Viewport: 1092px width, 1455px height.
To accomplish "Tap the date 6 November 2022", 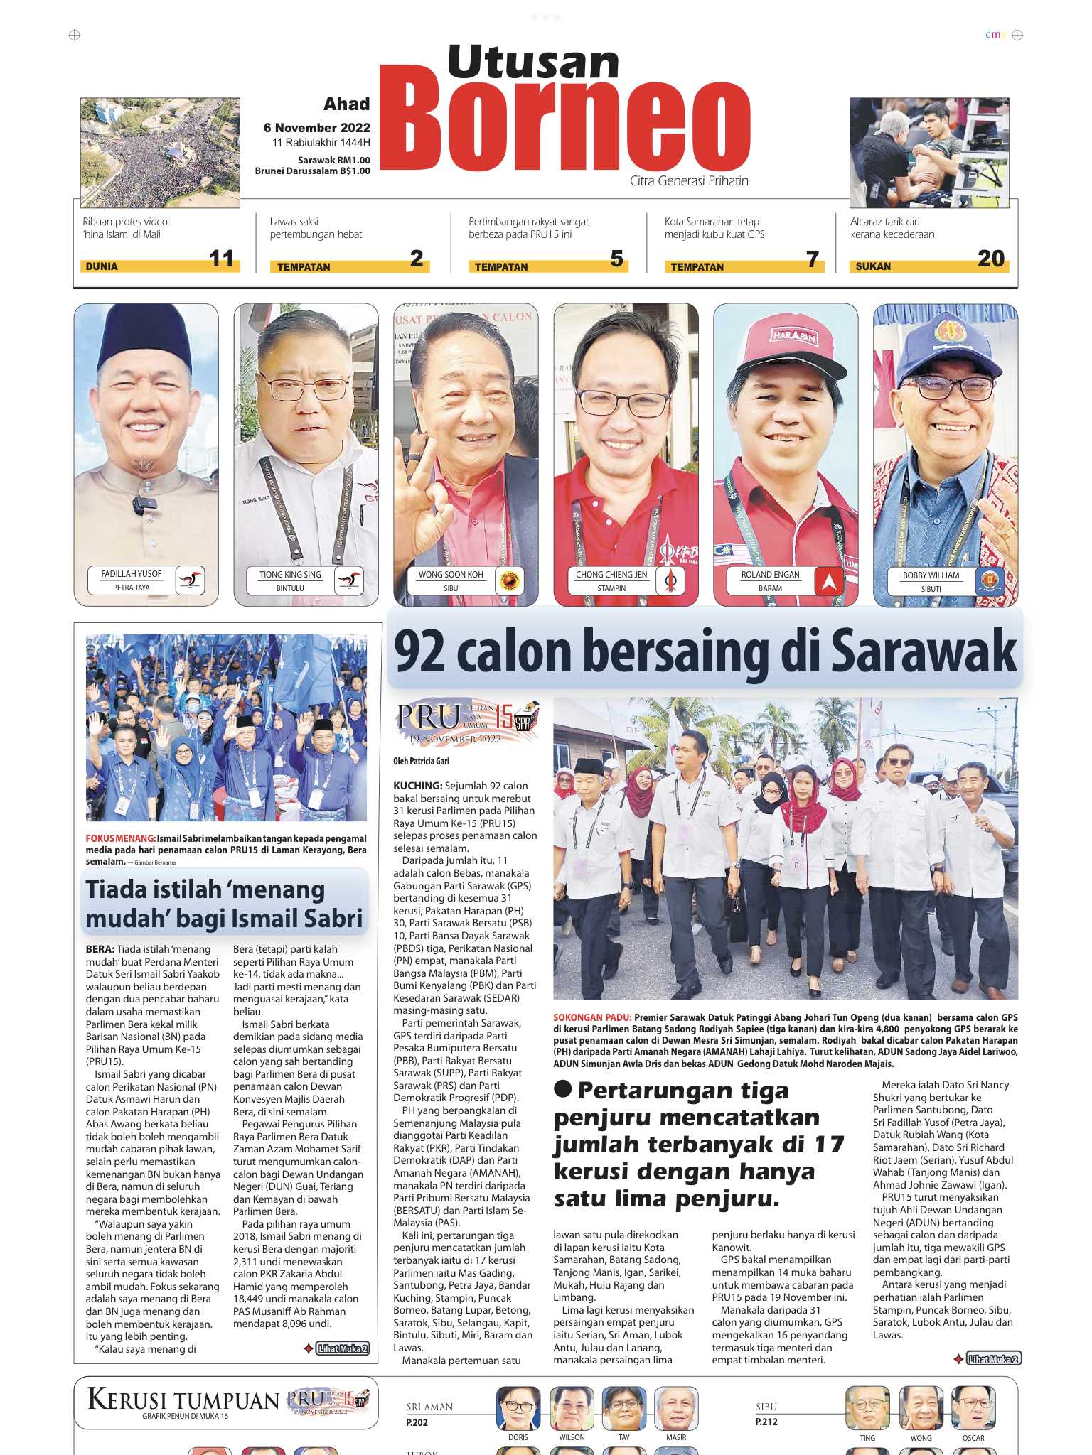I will click(317, 128).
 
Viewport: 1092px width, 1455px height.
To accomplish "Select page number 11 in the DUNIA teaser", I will click(221, 259).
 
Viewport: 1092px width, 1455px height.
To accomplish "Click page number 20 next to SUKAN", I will click(990, 259).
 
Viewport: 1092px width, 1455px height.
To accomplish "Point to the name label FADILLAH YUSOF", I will click(132, 573).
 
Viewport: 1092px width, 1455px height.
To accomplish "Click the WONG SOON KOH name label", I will click(451, 574).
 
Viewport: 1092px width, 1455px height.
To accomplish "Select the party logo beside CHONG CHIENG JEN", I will click(669, 580).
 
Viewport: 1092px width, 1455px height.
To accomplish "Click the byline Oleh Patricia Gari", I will click(421, 761).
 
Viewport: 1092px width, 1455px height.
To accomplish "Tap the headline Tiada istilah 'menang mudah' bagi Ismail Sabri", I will click(224, 904).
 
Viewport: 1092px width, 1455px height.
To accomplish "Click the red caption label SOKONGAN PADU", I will click(591, 1017).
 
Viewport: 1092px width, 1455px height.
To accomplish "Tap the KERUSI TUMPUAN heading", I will click(183, 1400).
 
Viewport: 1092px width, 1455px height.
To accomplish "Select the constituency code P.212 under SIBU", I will click(766, 1422).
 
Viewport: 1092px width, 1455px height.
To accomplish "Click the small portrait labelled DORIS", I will click(518, 1408).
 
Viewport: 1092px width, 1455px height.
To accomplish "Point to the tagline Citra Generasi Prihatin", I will click(689, 181).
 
